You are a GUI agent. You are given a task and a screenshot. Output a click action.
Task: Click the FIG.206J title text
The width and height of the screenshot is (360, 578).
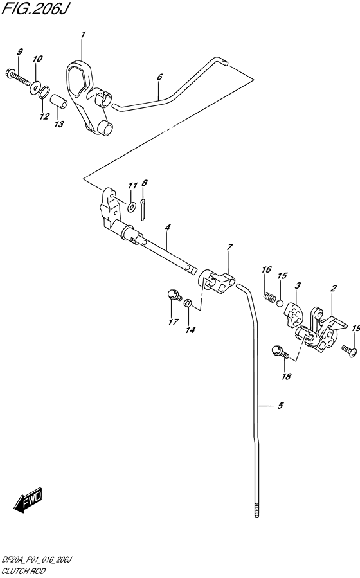click(35, 8)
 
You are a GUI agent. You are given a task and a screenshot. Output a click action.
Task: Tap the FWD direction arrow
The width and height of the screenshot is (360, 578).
click(29, 500)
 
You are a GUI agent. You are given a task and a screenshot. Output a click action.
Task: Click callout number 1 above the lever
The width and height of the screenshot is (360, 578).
click(84, 35)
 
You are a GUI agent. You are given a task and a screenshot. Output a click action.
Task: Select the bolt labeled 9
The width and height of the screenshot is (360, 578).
click(18, 77)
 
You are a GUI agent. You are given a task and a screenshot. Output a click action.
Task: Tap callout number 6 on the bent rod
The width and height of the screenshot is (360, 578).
click(159, 77)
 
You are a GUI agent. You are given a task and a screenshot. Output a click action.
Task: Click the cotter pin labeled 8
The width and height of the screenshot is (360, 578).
click(143, 210)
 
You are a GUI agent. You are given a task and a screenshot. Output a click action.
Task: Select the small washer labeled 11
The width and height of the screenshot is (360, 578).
click(132, 207)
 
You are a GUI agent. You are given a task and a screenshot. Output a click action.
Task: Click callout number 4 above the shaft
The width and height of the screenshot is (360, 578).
click(168, 228)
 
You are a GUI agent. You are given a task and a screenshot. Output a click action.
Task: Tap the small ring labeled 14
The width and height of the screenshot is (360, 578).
click(188, 303)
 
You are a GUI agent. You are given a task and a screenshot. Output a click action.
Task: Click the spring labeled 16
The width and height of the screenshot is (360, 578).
click(270, 296)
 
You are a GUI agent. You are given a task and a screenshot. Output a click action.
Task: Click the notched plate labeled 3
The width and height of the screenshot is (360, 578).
click(293, 313)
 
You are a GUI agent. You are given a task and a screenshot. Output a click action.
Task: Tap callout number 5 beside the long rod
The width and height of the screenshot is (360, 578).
click(280, 406)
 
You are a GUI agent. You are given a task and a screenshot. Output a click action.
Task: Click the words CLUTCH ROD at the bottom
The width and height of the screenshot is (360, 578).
click(24, 571)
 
